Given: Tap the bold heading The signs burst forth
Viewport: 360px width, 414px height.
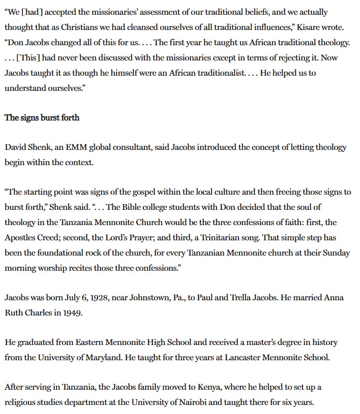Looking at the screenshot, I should pyautogui.click(x=42, y=117).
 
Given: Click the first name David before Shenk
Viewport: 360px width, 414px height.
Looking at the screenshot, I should pyautogui.click(x=16, y=147).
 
